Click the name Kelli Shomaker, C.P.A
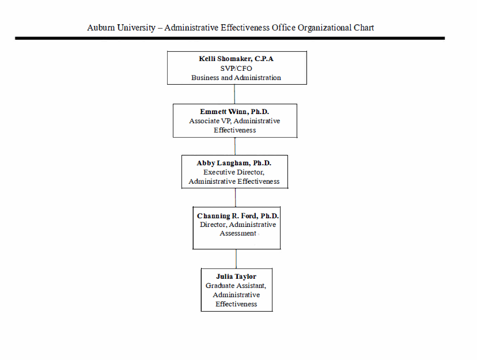pos(236,59)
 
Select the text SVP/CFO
pos(236,68)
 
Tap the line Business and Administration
pos(236,77)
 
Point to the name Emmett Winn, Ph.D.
pos(234,112)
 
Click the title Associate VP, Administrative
pos(234,121)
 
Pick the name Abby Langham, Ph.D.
pos(234,163)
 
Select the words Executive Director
pos(233,172)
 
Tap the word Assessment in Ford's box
pos(237,233)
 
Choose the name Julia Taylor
pos(236,276)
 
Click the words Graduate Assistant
pos(236,286)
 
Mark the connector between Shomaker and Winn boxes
pos(234,94)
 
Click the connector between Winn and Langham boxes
pos(234,146)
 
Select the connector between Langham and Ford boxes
pos(235,197)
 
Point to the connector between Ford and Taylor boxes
pos(236,259)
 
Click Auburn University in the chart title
pos(121,28)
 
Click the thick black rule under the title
pos(230,38)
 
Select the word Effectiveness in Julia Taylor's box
pos(236,304)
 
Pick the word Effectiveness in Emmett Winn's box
pos(234,130)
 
